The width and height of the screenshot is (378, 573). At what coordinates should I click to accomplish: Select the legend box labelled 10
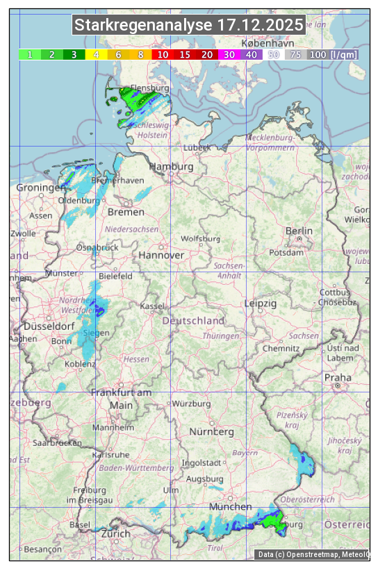(x=163, y=54)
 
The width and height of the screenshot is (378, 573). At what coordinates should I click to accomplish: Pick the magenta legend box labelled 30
(x=229, y=54)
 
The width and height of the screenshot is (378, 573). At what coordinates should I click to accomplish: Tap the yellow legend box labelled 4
(x=97, y=54)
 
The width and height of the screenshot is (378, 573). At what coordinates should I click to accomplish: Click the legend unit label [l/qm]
(x=344, y=54)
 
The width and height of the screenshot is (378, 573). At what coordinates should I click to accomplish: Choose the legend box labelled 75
(x=295, y=54)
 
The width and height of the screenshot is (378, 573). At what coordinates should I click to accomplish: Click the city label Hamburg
(x=171, y=167)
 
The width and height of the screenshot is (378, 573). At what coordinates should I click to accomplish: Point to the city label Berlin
(x=299, y=231)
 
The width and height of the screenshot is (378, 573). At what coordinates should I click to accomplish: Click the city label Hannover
(x=161, y=255)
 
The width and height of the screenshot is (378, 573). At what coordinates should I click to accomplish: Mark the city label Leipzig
(x=261, y=304)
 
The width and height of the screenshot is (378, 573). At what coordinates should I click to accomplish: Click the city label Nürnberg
(x=212, y=431)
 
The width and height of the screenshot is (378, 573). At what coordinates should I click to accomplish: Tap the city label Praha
(x=338, y=377)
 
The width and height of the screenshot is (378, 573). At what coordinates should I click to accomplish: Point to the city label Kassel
(x=151, y=306)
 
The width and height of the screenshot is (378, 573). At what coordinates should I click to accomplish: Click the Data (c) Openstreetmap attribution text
(x=313, y=554)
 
